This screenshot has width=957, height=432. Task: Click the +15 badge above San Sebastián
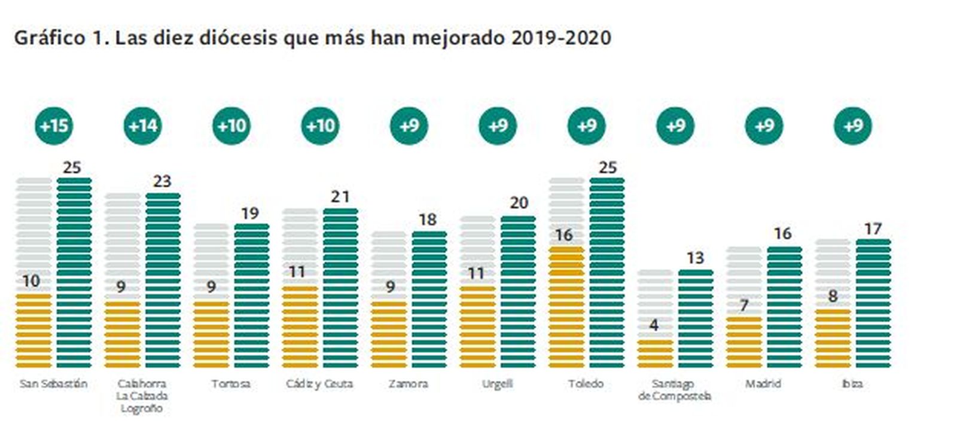54,126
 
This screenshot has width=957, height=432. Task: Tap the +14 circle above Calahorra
143,126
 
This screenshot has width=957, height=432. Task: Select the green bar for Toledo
606,272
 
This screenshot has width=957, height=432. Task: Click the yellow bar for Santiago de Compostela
655,353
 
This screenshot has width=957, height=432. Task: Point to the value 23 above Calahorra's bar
162,181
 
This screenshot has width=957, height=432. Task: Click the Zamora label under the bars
409,384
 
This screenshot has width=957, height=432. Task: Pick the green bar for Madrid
784,307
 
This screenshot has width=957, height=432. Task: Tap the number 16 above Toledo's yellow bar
564,235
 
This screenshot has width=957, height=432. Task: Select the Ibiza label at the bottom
852,384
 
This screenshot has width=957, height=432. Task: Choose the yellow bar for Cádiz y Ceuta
300,327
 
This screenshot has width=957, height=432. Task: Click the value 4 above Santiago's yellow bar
654,325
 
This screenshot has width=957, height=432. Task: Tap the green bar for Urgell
518,291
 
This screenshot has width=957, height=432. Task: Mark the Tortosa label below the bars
230,384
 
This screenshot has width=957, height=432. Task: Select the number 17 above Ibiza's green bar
873,229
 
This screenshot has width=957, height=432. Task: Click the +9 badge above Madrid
764,126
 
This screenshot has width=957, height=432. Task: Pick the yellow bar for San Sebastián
33,330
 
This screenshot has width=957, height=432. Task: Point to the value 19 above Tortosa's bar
250,214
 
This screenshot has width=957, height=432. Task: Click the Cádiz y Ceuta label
319,384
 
